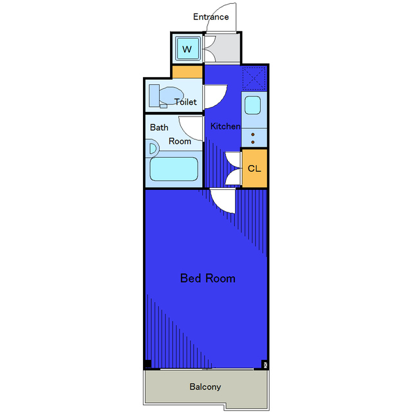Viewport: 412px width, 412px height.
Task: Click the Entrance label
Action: click(211, 17)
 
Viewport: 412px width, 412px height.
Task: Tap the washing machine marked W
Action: click(188, 48)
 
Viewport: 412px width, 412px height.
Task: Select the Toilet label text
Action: click(185, 102)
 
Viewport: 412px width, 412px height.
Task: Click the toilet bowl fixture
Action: click(166, 97)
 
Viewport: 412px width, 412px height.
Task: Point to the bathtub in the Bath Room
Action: click(174, 169)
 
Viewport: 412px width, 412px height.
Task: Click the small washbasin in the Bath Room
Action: click(153, 149)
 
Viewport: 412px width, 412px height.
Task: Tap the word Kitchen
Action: click(225, 126)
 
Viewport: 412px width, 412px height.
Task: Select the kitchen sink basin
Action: click(252, 105)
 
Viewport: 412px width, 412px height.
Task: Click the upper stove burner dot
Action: click(253, 135)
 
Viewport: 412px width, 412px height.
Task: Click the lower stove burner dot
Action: click(253, 142)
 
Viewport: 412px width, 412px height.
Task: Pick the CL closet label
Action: click(254, 169)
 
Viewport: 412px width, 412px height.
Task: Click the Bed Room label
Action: click(207, 278)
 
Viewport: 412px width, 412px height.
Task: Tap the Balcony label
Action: click(205, 386)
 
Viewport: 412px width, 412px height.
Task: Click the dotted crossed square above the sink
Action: click(254, 79)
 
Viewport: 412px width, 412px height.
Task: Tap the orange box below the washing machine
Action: click(187, 71)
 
